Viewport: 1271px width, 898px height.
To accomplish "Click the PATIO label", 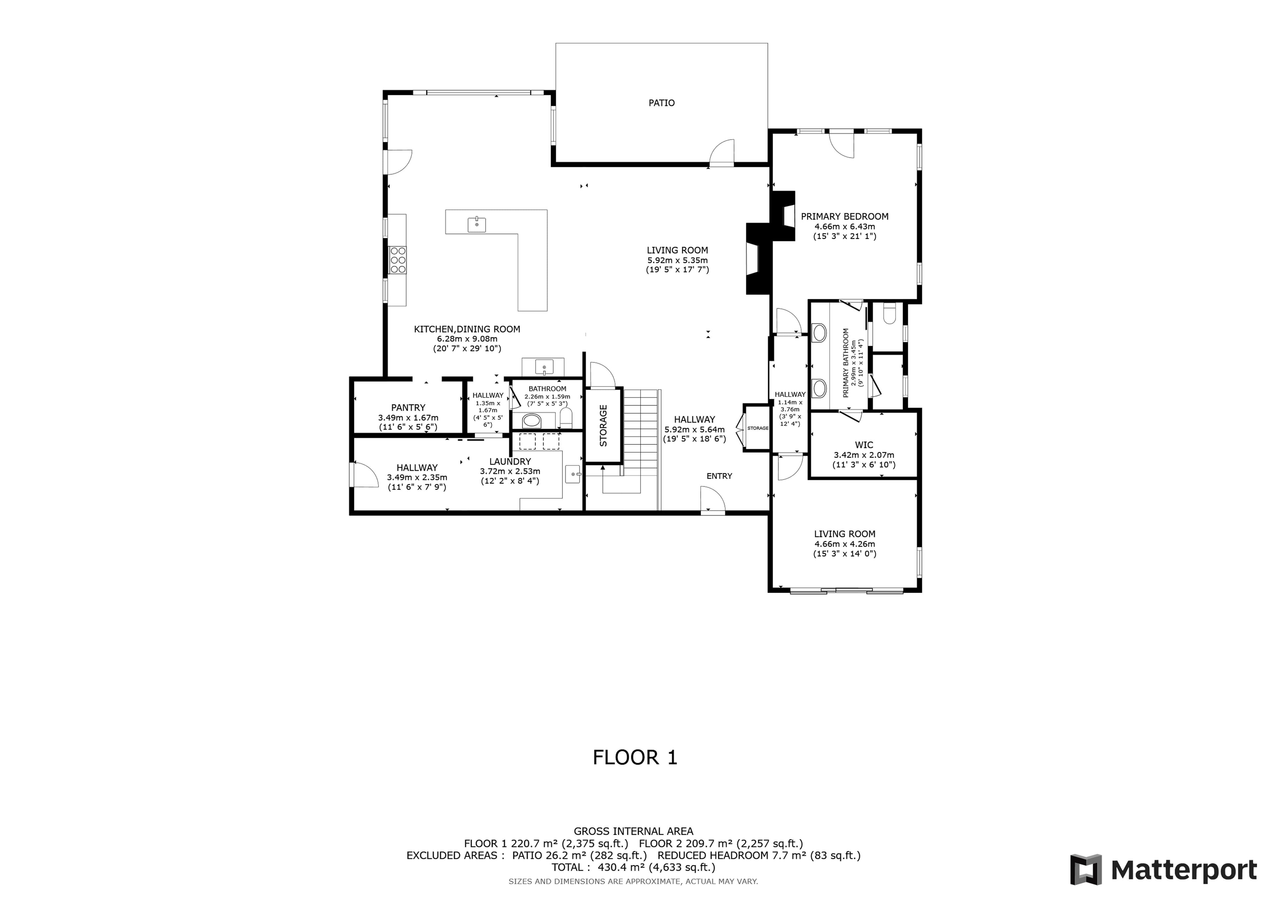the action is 662,103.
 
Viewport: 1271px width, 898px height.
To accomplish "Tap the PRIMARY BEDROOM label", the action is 845,216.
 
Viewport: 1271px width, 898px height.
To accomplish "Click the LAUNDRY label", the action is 510,461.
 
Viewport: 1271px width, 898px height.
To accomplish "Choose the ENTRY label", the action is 719,476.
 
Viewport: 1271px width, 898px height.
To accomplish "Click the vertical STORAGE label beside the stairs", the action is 603,425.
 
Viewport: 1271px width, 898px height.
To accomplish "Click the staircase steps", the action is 640,432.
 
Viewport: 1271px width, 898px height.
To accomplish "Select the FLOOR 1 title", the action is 635,757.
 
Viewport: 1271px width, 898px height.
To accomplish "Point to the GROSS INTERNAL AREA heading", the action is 633,831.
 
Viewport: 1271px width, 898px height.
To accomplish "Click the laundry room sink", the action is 573,474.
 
